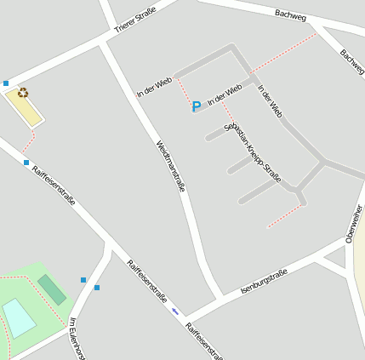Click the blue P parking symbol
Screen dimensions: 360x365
click(x=197, y=106)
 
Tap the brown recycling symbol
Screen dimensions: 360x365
click(x=23, y=93)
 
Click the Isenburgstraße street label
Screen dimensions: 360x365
click(x=264, y=282)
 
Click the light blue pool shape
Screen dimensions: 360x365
click(x=19, y=317)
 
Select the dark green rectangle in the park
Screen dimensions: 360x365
click(x=52, y=289)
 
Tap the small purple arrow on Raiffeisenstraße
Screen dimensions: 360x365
click(x=175, y=311)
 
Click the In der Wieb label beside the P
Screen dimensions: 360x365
click(x=225, y=94)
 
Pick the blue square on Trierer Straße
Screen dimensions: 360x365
click(x=6, y=83)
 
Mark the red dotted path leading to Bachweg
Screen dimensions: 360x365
click(x=283, y=53)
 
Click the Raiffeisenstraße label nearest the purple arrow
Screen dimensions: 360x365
click(x=147, y=282)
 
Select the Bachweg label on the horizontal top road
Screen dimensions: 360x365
click(x=290, y=14)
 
